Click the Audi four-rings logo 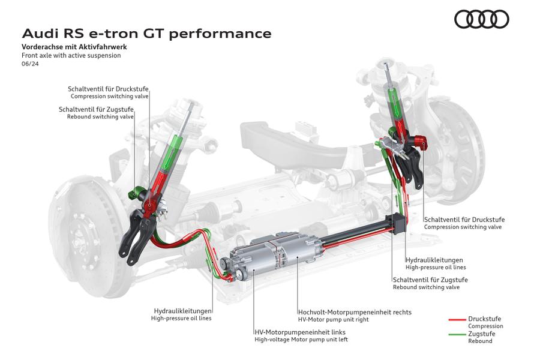click(481, 19)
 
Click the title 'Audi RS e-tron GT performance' click(146, 33)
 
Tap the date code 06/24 click(29, 64)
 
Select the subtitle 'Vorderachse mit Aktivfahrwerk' click(74, 46)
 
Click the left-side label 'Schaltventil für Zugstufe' click(96, 109)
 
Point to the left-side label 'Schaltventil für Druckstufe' click(108, 88)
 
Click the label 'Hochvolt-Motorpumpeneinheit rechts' click(355, 312)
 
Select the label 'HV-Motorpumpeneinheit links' click(300, 332)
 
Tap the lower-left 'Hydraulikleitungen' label click(183, 311)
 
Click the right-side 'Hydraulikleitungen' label click(435, 260)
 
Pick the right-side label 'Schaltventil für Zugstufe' click(430, 280)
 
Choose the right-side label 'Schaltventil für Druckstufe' click(464, 220)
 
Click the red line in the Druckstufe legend click(457, 319)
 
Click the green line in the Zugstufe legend click(457, 334)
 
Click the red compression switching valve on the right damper click(422, 143)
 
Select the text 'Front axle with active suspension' click(71, 55)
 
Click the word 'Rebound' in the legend click(480, 341)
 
